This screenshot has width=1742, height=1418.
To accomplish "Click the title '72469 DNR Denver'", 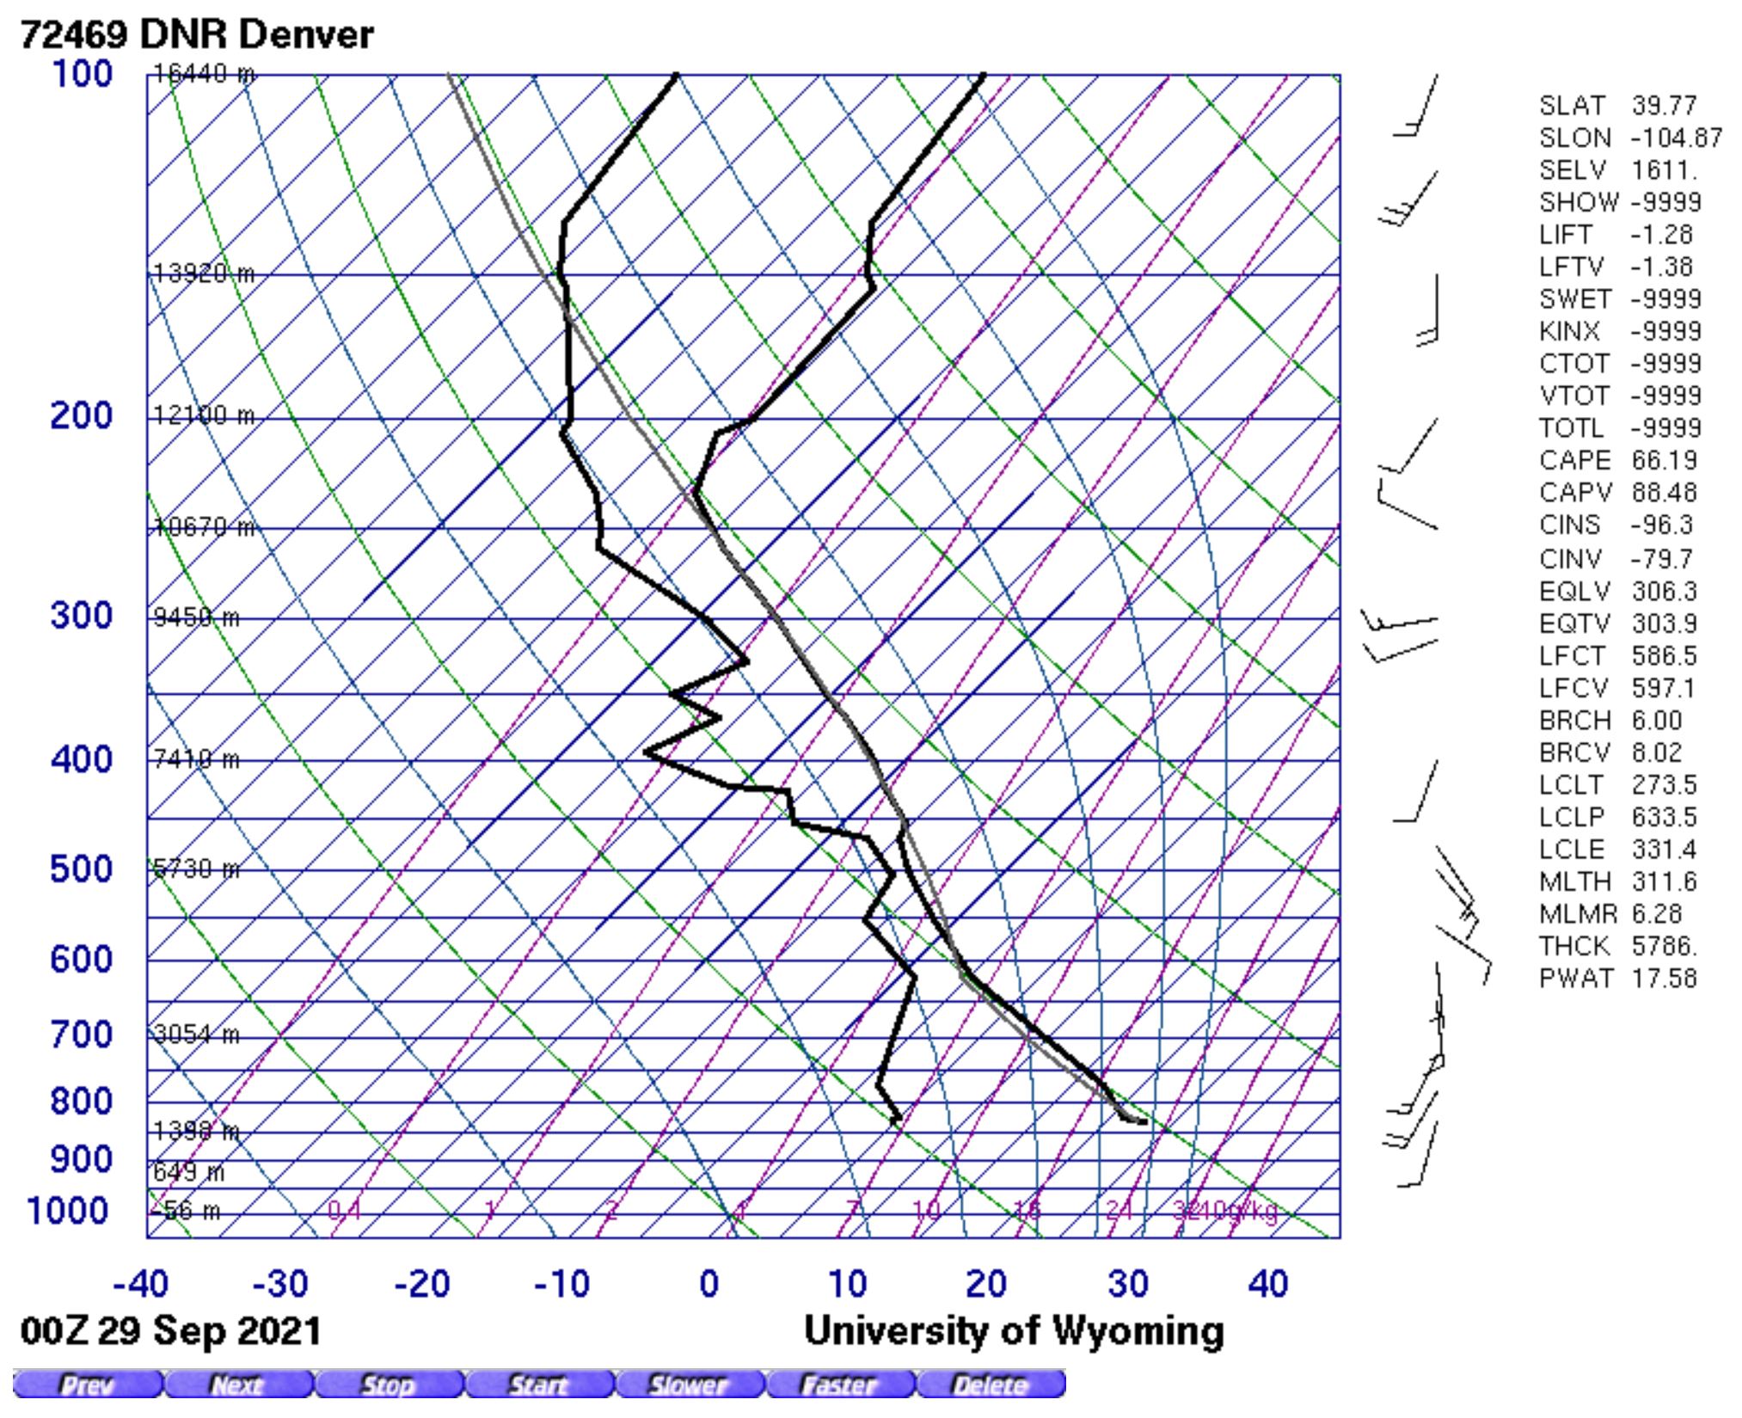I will [x=197, y=35].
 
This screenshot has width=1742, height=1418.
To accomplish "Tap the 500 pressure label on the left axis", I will [x=81, y=869].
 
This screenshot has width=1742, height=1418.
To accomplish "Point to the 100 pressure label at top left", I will [x=82, y=74].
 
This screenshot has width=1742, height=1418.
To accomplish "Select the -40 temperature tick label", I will [x=140, y=1285].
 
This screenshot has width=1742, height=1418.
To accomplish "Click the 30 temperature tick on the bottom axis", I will [x=1127, y=1285].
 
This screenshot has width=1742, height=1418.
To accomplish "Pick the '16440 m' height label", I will [x=204, y=75].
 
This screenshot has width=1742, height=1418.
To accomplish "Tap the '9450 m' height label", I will [x=197, y=618].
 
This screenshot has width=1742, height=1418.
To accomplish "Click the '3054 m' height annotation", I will [x=197, y=1034].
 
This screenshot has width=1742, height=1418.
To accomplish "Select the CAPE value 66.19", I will [x=1665, y=461].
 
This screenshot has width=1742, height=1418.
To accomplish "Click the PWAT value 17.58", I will [x=1665, y=979].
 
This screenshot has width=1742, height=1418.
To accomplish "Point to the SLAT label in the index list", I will [x=1572, y=106].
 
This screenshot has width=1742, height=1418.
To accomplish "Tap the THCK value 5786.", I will [x=1665, y=946].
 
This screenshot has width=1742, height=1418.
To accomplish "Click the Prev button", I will [x=87, y=1385].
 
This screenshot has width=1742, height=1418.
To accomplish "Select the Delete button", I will [x=990, y=1385].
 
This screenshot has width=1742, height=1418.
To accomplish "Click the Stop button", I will [x=388, y=1385].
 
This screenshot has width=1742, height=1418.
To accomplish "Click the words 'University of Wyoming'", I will [x=1014, y=1331].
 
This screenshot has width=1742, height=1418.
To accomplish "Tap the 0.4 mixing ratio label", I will [x=344, y=1211].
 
